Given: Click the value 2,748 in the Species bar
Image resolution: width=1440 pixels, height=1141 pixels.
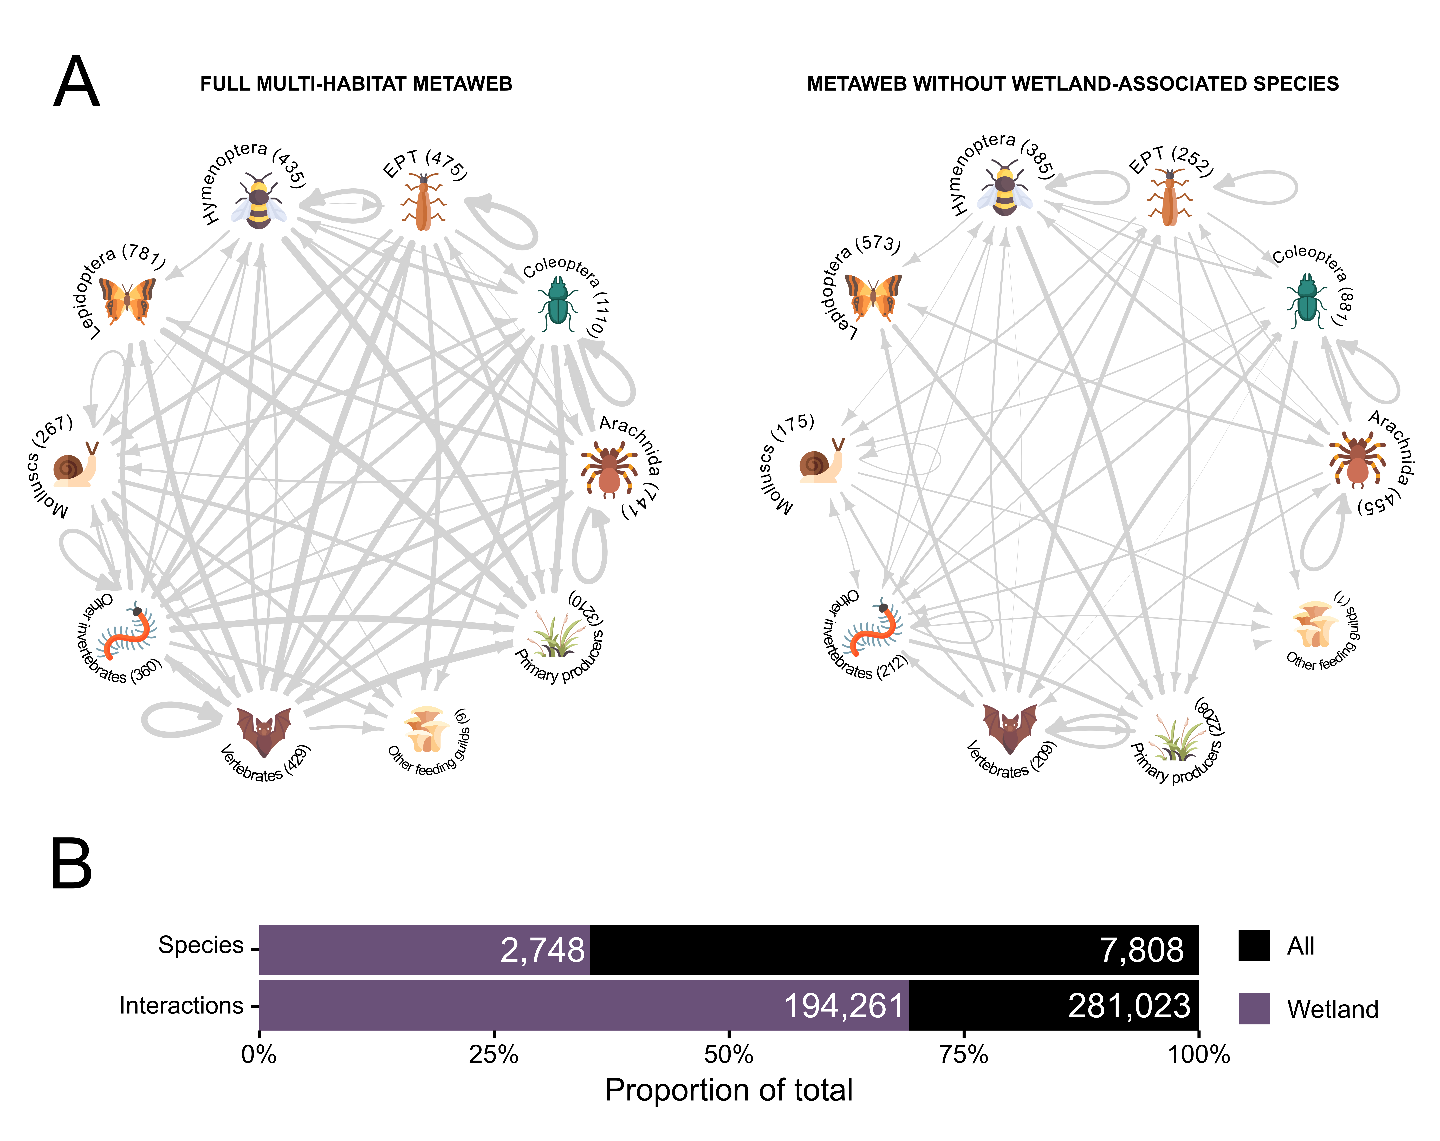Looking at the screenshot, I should [542, 950].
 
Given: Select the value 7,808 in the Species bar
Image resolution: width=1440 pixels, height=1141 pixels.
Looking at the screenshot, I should [1141, 950].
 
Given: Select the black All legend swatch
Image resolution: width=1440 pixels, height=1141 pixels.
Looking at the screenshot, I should [1254, 946].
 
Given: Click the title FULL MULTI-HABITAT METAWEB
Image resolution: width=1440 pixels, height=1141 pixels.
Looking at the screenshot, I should [356, 84].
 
